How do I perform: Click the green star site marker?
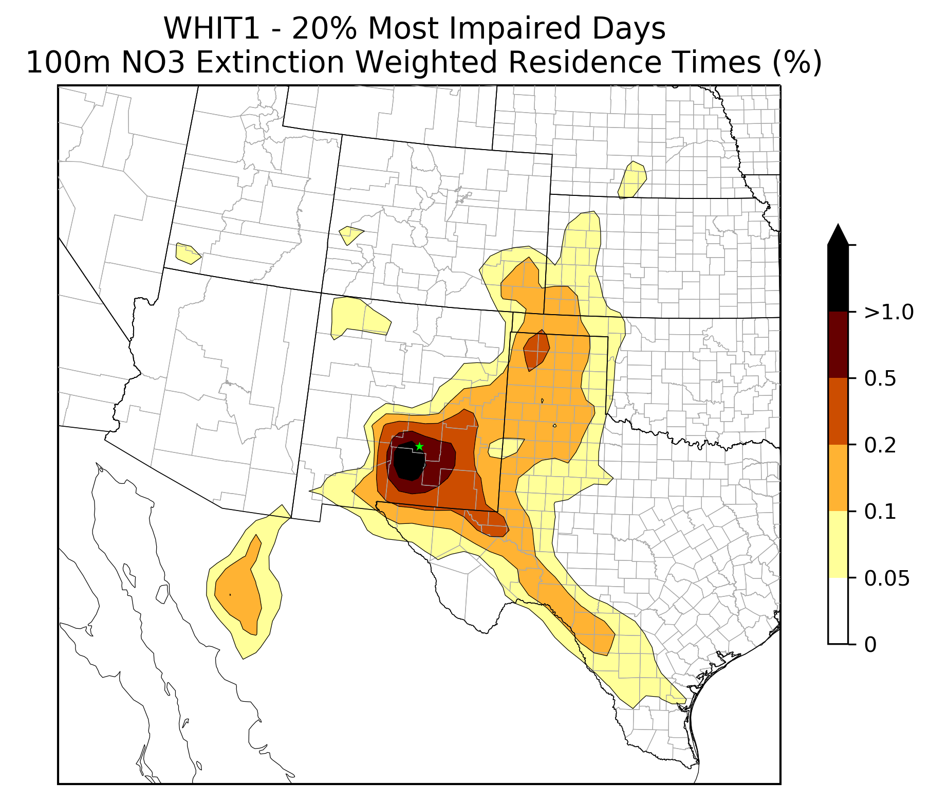[x=419, y=446]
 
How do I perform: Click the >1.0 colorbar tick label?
[x=889, y=312]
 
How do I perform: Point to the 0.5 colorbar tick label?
[x=880, y=379]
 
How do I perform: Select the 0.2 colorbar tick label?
[x=880, y=445]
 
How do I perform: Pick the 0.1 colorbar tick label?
[x=880, y=512]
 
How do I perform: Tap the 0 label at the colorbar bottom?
[x=870, y=644]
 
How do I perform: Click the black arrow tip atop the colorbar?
[x=838, y=224]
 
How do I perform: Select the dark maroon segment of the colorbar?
[x=838, y=345]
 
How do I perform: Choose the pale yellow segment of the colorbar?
[x=838, y=544]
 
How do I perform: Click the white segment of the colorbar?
[x=838, y=611]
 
